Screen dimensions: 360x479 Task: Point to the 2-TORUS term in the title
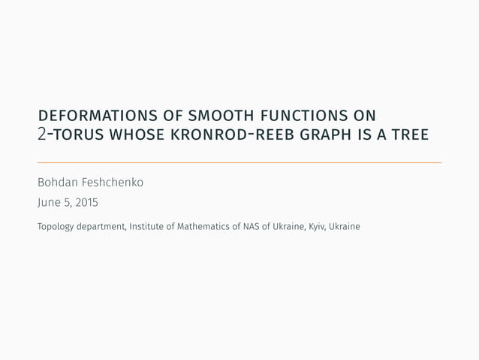pyautogui.click(x=71, y=135)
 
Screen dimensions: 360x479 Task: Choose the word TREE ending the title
pyautogui.click(x=409, y=135)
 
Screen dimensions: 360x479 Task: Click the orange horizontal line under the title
pyautogui.click(x=239, y=162)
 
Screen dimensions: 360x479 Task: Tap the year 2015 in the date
pyautogui.click(x=86, y=203)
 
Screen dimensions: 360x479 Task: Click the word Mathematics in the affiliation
pyautogui.click(x=204, y=226)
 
